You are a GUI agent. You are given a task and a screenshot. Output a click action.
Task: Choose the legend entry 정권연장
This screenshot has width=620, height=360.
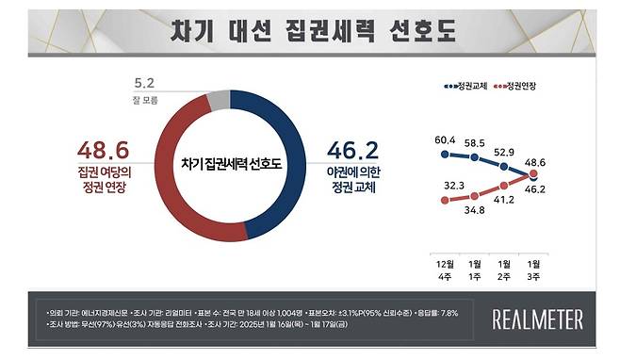pos(514,86)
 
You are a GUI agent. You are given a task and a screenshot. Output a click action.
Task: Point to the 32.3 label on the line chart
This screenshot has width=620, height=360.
pos(448,186)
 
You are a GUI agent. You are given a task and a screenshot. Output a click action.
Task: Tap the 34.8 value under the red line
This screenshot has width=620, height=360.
pos(477,208)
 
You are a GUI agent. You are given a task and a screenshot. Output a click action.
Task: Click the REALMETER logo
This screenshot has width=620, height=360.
pos(539,319)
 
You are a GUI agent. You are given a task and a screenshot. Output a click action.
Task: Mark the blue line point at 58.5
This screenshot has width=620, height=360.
pos(477,157)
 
